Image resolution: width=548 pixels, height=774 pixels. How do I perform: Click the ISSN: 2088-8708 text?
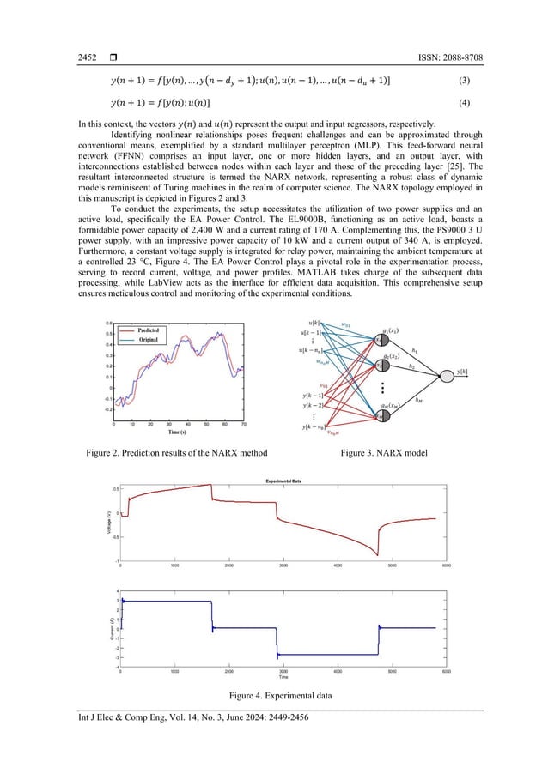[448, 57]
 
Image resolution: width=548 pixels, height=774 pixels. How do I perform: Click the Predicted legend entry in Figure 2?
[148, 330]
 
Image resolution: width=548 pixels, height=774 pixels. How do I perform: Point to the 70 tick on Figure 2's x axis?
[245, 424]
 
